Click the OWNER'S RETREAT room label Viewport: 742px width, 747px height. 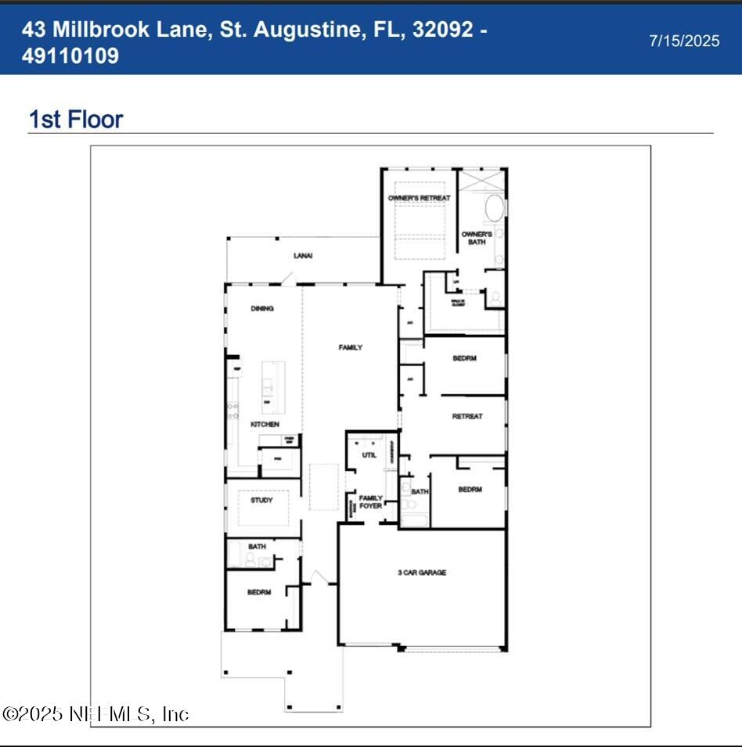(x=420, y=199)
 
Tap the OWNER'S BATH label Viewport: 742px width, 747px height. (x=477, y=238)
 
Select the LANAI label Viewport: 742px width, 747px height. (x=303, y=256)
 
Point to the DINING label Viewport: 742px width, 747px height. (x=262, y=309)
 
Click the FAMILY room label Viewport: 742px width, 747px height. (x=351, y=347)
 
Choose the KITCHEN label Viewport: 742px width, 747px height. (x=265, y=424)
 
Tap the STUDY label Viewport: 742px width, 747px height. (x=261, y=500)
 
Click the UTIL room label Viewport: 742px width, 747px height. (x=369, y=454)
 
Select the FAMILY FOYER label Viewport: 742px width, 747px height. (x=371, y=502)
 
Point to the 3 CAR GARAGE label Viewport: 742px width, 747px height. (x=422, y=573)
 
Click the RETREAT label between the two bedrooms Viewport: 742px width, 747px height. (x=467, y=417)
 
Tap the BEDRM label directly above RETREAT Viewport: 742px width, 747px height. (x=465, y=359)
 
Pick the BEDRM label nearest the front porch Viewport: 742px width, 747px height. (x=259, y=593)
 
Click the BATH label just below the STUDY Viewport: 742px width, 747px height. (x=257, y=547)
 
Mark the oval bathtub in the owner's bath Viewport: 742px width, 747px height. (x=494, y=209)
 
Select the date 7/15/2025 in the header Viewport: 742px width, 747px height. (x=684, y=41)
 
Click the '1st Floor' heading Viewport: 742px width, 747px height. (x=76, y=120)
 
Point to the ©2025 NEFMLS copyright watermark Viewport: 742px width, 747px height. (x=95, y=713)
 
